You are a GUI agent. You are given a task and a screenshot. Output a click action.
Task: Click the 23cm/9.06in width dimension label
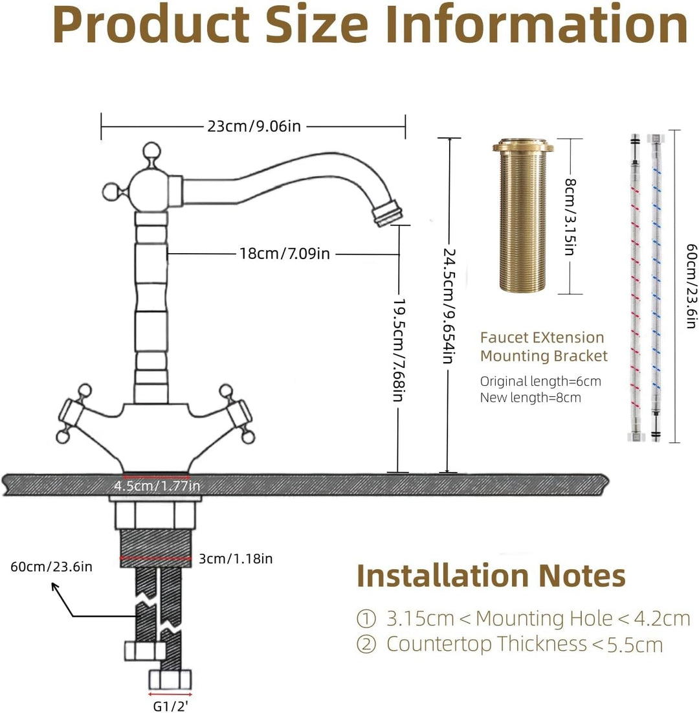click(254, 126)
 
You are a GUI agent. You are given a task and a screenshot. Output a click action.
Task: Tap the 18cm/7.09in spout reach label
click(285, 253)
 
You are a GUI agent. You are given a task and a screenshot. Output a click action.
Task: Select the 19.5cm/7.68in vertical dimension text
click(399, 350)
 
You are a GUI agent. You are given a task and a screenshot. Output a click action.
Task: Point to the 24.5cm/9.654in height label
click(449, 306)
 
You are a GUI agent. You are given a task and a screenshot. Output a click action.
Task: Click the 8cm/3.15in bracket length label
click(570, 217)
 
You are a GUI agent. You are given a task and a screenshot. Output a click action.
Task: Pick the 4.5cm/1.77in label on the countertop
click(157, 486)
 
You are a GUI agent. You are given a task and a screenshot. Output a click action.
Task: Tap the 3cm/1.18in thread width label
click(236, 558)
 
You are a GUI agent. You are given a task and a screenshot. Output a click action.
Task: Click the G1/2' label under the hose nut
click(170, 706)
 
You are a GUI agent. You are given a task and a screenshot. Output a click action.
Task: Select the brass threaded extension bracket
click(523, 215)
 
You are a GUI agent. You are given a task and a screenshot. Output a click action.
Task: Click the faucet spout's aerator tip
click(388, 213)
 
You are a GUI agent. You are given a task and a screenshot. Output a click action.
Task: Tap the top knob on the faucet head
click(151, 151)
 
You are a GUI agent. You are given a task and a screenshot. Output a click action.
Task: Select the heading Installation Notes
click(491, 576)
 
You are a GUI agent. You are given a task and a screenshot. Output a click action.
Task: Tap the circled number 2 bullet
click(366, 644)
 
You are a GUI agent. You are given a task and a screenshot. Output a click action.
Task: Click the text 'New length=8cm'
click(530, 398)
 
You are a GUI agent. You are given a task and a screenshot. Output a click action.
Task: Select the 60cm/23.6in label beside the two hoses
click(691, 286)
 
